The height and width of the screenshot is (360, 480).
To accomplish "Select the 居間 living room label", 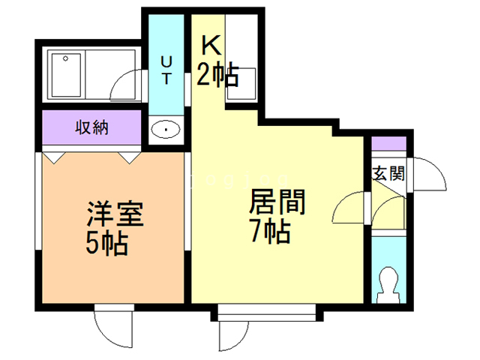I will [x=271, y=202].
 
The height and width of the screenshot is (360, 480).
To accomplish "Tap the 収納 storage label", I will [x=91, y=127].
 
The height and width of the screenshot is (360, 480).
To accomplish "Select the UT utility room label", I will [x=166, y=67].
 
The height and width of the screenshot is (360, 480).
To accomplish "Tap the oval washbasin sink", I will [x=165, y=130].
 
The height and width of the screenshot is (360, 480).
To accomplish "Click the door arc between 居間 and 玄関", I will [x=349, y=206].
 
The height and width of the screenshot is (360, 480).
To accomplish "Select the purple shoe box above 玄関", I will [x=389, y=144].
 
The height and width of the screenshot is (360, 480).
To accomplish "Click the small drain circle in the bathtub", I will [x=67, y=58].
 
